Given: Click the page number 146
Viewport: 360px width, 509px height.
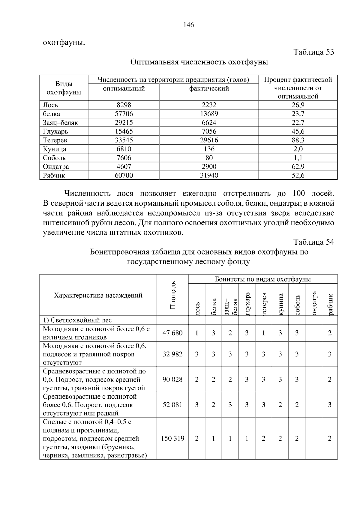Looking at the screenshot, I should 188,25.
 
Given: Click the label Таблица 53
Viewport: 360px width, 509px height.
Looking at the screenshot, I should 313,52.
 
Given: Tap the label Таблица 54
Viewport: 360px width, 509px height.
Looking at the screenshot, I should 313,242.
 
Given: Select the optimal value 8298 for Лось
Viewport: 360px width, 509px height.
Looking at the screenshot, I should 124,105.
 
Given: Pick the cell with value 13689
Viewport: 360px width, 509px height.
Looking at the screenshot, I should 209,114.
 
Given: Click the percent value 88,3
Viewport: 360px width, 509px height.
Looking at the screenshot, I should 298,140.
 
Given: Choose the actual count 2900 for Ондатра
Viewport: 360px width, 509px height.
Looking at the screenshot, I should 209,166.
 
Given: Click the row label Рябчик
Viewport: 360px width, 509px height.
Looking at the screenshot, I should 54,175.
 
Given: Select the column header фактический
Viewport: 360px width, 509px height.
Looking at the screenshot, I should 209,88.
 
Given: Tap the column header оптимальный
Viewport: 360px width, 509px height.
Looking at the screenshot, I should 124,88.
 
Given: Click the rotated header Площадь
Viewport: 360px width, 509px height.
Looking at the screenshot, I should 173,295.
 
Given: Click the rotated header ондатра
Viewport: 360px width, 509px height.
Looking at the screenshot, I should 314,303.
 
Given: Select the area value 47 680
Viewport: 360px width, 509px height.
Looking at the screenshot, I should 172,333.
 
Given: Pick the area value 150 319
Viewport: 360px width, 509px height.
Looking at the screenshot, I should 172,439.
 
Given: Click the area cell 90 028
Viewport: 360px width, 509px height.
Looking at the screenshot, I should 172,380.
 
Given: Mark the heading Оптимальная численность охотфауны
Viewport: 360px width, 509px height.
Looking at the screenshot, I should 199,62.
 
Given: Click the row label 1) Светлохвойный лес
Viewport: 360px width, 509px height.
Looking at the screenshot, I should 77,320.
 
